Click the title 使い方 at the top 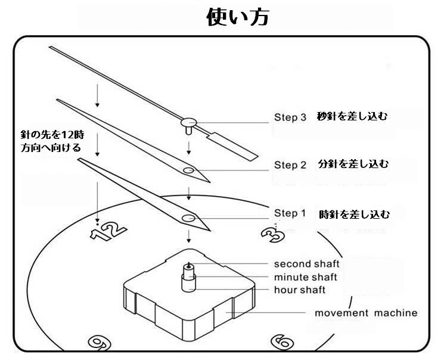pos(238,17)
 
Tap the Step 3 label pos(290,117)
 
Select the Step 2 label pos(290,165)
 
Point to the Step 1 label pos(290,213)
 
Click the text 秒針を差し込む pos(352,116)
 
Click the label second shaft pos(306,263)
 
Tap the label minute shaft pos(305,277)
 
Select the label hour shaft pos(300,290)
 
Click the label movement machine pos(366,313)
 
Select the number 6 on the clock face pos(282,342)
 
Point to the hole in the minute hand pos(188,170)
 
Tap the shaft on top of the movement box pos(189,277)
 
